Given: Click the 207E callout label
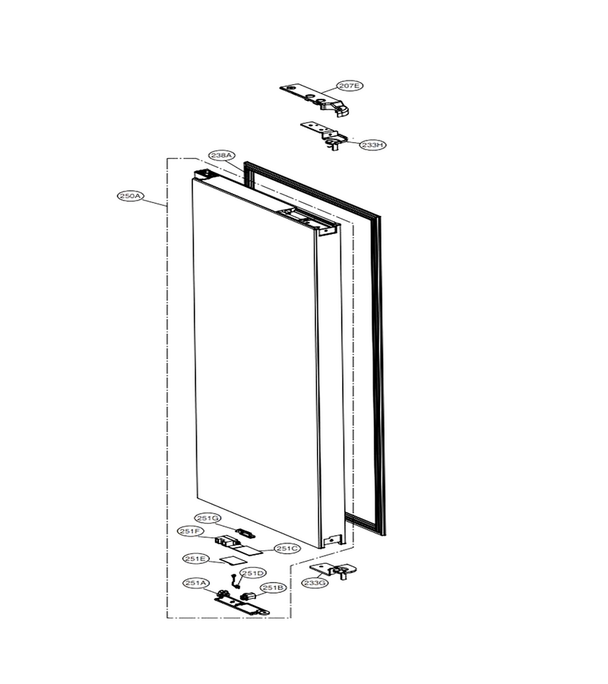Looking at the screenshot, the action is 350,86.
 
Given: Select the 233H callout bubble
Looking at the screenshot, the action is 373,145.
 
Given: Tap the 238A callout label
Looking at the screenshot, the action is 222,155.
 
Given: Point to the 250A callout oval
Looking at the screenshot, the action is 131,196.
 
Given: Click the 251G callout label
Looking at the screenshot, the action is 207,518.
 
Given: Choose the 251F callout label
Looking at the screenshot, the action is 191,531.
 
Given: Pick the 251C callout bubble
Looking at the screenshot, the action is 287,548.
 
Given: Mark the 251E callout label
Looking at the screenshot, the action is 196,559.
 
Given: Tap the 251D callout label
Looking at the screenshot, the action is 253,573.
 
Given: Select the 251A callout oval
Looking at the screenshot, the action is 196,583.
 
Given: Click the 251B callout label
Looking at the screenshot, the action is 274,588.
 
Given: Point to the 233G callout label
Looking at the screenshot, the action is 315,582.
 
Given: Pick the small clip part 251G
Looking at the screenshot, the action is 245,533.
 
